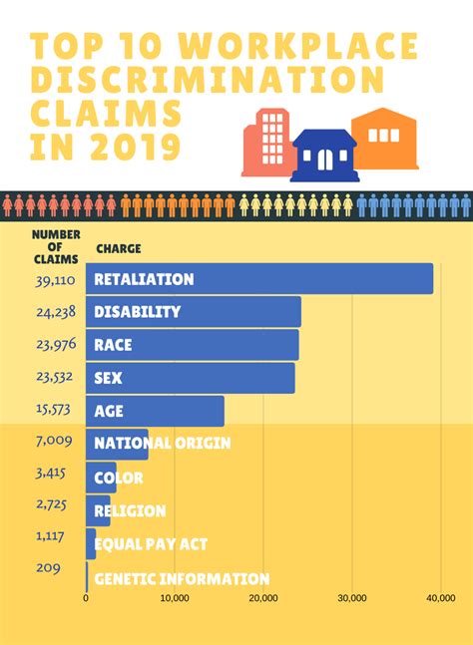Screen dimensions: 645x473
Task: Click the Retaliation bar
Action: pyautogui.click(x=259, y=279)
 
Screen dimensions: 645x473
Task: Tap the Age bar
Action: pyautogui.click(x=155, y=411)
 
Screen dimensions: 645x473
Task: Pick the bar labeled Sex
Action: pyautogui.click(x=190, y=378)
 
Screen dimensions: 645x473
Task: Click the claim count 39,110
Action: pyautogui.click(x=53, y=280)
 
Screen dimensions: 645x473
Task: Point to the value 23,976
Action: pyautogui.click(x=53, y=345)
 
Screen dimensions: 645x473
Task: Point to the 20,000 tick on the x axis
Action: pyautogui.click(x=263, y=598)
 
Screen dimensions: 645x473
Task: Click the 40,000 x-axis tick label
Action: pyautogui.click(x=440, y=598)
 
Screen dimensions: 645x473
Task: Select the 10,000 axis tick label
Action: pyautogui.click(x=175, y=598)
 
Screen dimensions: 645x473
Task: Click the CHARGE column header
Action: pyautogui.click(x=119, y=248)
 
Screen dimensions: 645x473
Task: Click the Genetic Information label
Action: pyautogui.click(x=181, y=578)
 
